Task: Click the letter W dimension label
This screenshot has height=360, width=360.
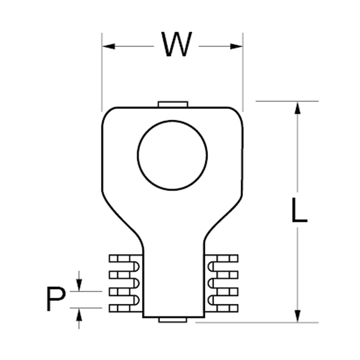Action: pos(176,44)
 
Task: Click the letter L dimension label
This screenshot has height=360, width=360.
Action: pos(299,210)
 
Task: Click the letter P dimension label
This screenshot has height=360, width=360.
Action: pos(56,298)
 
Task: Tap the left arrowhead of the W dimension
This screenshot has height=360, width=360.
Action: pos(109,46)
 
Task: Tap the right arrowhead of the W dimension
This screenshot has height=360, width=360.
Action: pos(237,46)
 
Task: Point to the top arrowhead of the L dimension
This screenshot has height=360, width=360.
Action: pos(298,108)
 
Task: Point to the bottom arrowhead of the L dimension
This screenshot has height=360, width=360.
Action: pos(298,316)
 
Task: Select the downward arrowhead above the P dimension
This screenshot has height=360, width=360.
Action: pos(79,285)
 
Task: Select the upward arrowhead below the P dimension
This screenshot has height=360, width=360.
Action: pos(79,314)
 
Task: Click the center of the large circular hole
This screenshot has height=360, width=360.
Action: pos(172,156)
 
